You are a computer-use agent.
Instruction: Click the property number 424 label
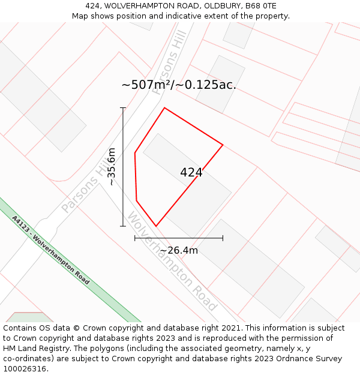coord(191,172)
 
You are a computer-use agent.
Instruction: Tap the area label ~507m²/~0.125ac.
coord(179,85)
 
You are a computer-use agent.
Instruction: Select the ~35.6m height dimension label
coord(111,166)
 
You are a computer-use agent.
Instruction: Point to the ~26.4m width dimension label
coord(179,250)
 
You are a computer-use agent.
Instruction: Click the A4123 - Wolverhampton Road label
coord(50,250)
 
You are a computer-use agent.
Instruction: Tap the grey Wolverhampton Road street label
coord(172,262)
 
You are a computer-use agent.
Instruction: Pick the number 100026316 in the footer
coord(26,368)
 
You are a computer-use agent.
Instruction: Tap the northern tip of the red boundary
coord(164,108)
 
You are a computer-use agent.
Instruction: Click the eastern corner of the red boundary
coord(223,145)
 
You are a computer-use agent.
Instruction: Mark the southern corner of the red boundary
coord(156,226)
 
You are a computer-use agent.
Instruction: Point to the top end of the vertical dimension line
coord(123,108)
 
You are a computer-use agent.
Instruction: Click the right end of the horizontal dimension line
coord(223,238)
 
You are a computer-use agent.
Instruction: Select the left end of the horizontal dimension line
coord(135,238)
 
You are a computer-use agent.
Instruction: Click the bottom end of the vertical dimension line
coord(123,226)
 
